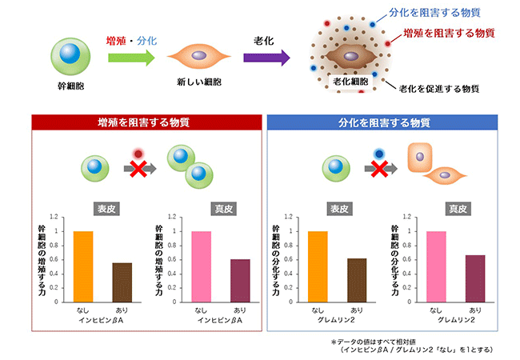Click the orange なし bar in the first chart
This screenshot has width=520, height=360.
tap(82, 266)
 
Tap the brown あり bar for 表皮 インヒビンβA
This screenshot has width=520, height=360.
tap(122, 282)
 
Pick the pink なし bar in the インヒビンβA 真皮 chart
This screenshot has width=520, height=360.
tap(201, 266)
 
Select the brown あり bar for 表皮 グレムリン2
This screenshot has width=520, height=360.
tap(357, 280)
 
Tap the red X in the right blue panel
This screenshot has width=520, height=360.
tap(378, 169)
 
